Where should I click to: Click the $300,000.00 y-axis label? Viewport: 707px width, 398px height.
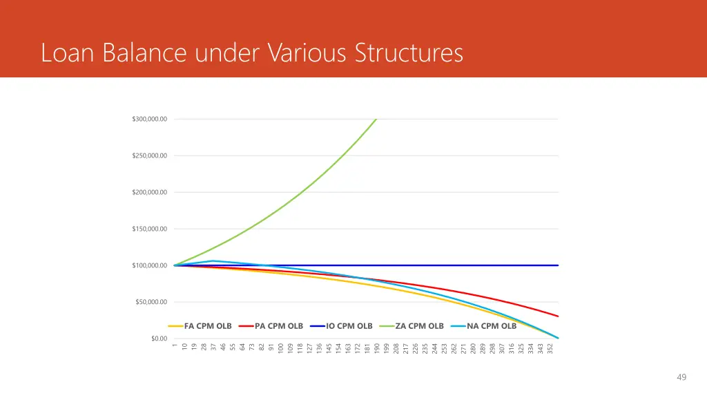[x=149, y=120]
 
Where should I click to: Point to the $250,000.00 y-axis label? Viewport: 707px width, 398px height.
[x=149, y=156]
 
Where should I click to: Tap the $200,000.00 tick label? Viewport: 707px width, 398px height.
[x=149, y=192]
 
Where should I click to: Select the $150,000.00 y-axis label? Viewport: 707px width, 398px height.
[x=149, y=229]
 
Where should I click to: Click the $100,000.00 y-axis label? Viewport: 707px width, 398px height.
[x=149, y=265]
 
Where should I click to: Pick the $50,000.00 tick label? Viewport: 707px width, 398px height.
[x=151, y=302]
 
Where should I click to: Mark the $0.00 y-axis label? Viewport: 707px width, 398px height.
[x=159, y=339]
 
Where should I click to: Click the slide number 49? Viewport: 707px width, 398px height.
[x=681, y=377]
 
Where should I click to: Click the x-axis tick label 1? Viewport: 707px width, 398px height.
[x=175, y=345]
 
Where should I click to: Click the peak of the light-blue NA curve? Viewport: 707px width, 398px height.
[x=213, y=261]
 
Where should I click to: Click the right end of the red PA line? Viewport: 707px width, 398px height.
[x=557, y=316]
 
